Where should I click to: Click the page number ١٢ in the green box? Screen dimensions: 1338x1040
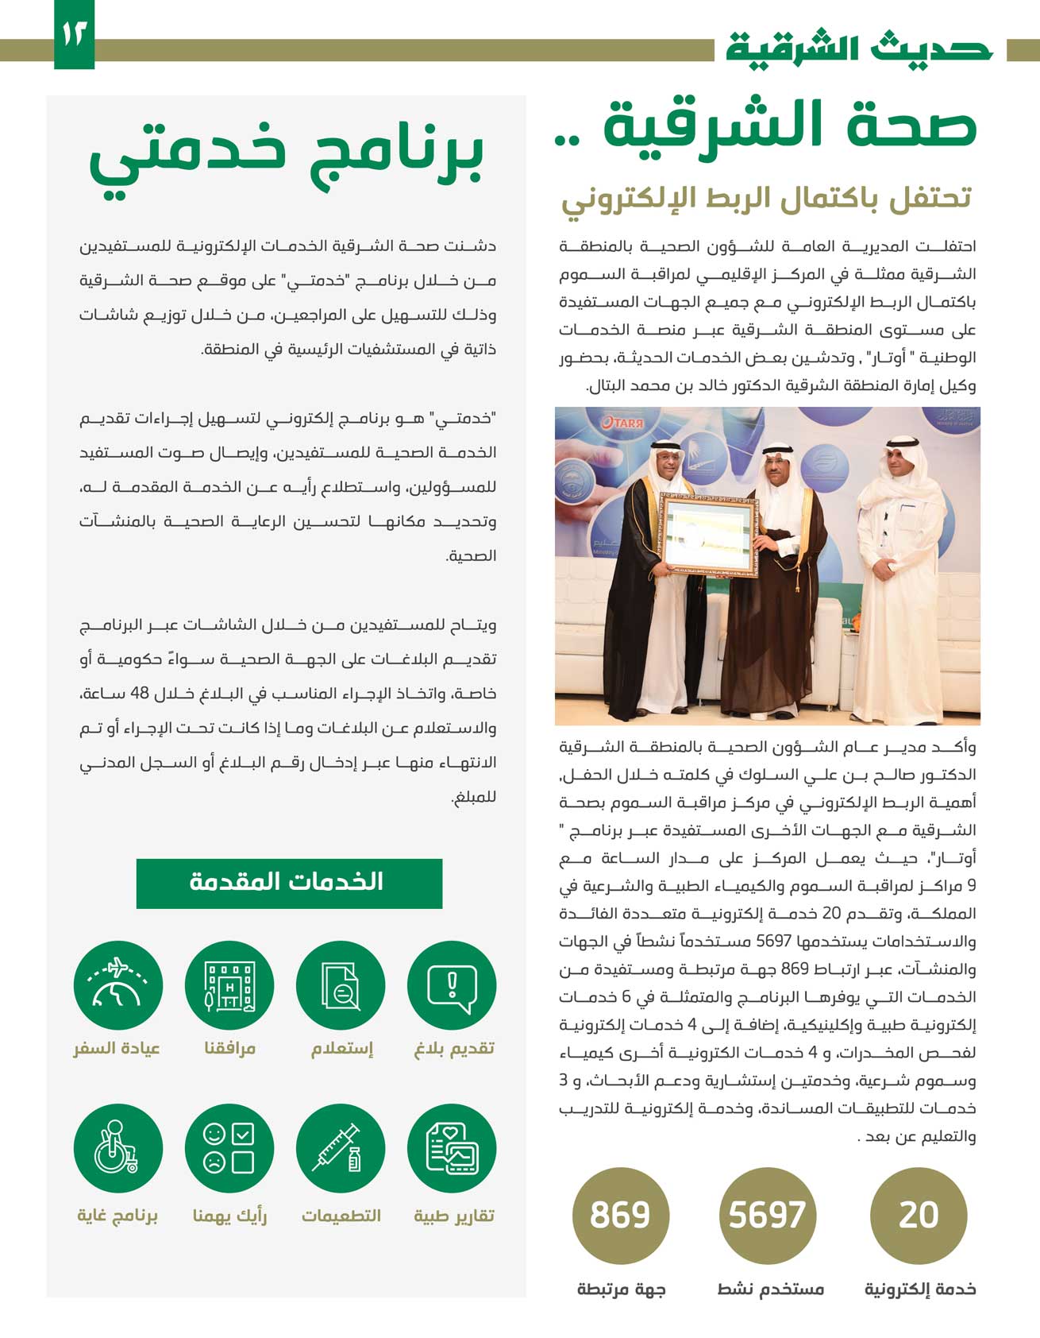pos(74,34)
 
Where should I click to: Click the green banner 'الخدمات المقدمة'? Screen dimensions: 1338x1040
pos(289,883)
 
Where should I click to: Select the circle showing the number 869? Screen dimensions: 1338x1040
pos(620,1216)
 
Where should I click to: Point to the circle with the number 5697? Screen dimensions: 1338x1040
pos(767,1216)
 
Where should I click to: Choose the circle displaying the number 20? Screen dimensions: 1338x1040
pos(919,1216)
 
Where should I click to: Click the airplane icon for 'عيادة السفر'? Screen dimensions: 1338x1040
pos(117,986)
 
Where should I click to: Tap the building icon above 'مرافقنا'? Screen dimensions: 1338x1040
pos(229,986)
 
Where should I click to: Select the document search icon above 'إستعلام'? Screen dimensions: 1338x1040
pos(341,986)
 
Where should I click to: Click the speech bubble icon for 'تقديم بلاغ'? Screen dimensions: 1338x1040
pos(452,986)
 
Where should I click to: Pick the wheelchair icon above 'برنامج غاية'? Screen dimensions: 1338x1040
pos(117,1149)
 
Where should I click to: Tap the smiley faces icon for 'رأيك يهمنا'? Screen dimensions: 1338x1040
pos(229,1149)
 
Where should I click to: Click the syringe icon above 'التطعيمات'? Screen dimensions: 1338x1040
pos(341,1149)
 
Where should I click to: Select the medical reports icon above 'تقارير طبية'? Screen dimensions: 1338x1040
pos(452,1149)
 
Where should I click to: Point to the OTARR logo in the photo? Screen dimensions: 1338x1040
pos(621,423)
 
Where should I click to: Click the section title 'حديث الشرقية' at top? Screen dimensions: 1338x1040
pos(859,48)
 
